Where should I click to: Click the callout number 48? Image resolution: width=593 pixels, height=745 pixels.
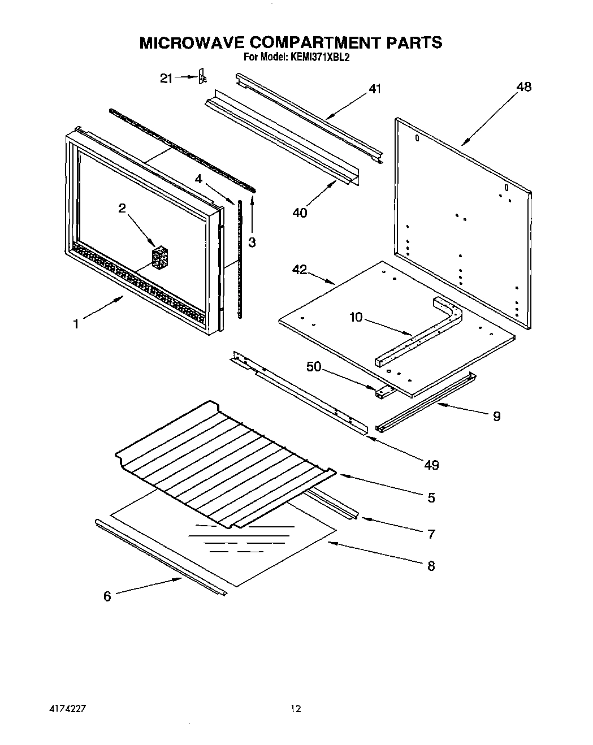(x=523, y=87)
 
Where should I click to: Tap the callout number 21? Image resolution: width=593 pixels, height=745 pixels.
(x=166, y=79)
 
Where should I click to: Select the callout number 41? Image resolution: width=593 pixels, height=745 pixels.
(x=375, y=89)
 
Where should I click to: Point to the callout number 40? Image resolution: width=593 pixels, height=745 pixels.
(x=300, y=213)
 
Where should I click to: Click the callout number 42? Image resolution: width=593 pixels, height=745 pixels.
(x=299, y=270)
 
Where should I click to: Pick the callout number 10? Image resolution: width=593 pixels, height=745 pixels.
(x=356, y=317)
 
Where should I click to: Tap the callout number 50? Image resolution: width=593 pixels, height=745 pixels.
(x=313, y=367)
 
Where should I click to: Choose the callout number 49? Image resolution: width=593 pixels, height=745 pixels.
(x=431, y=465)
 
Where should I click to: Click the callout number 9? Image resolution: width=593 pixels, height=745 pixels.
(x=496, y=416)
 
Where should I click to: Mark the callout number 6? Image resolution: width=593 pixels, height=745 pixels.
(x=107, y=596)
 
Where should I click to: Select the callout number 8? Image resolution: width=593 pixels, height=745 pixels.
(x=431, y=565)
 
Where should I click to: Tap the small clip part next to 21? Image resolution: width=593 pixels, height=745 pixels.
(x=201, y=77)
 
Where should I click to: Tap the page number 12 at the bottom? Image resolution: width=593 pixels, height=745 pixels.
(x=296, y=709)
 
